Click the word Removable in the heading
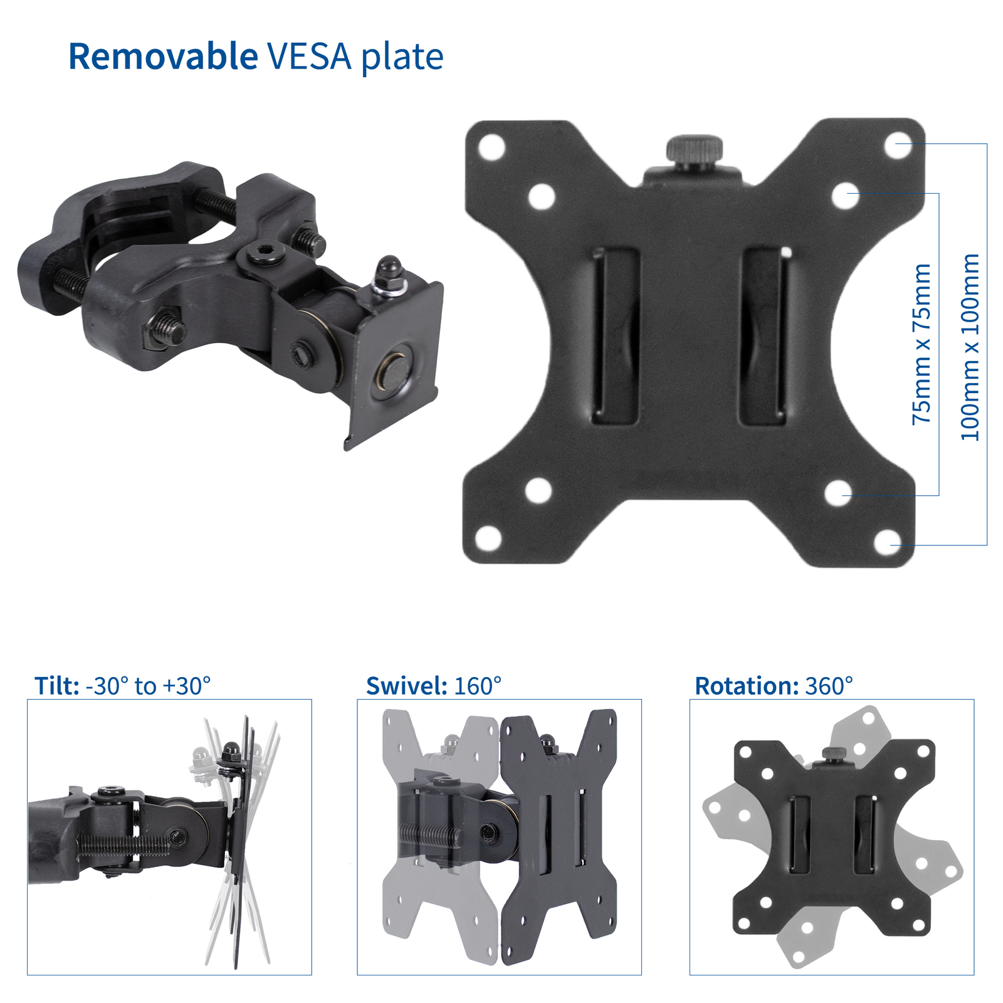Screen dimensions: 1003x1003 coord(163,56)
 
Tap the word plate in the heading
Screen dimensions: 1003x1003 coord(402,58)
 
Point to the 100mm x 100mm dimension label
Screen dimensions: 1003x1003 coord(970,347)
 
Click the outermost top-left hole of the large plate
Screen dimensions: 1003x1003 coord(491,146)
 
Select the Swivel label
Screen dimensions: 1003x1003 coord(406,686)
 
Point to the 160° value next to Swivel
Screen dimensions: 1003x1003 coord(478,686)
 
